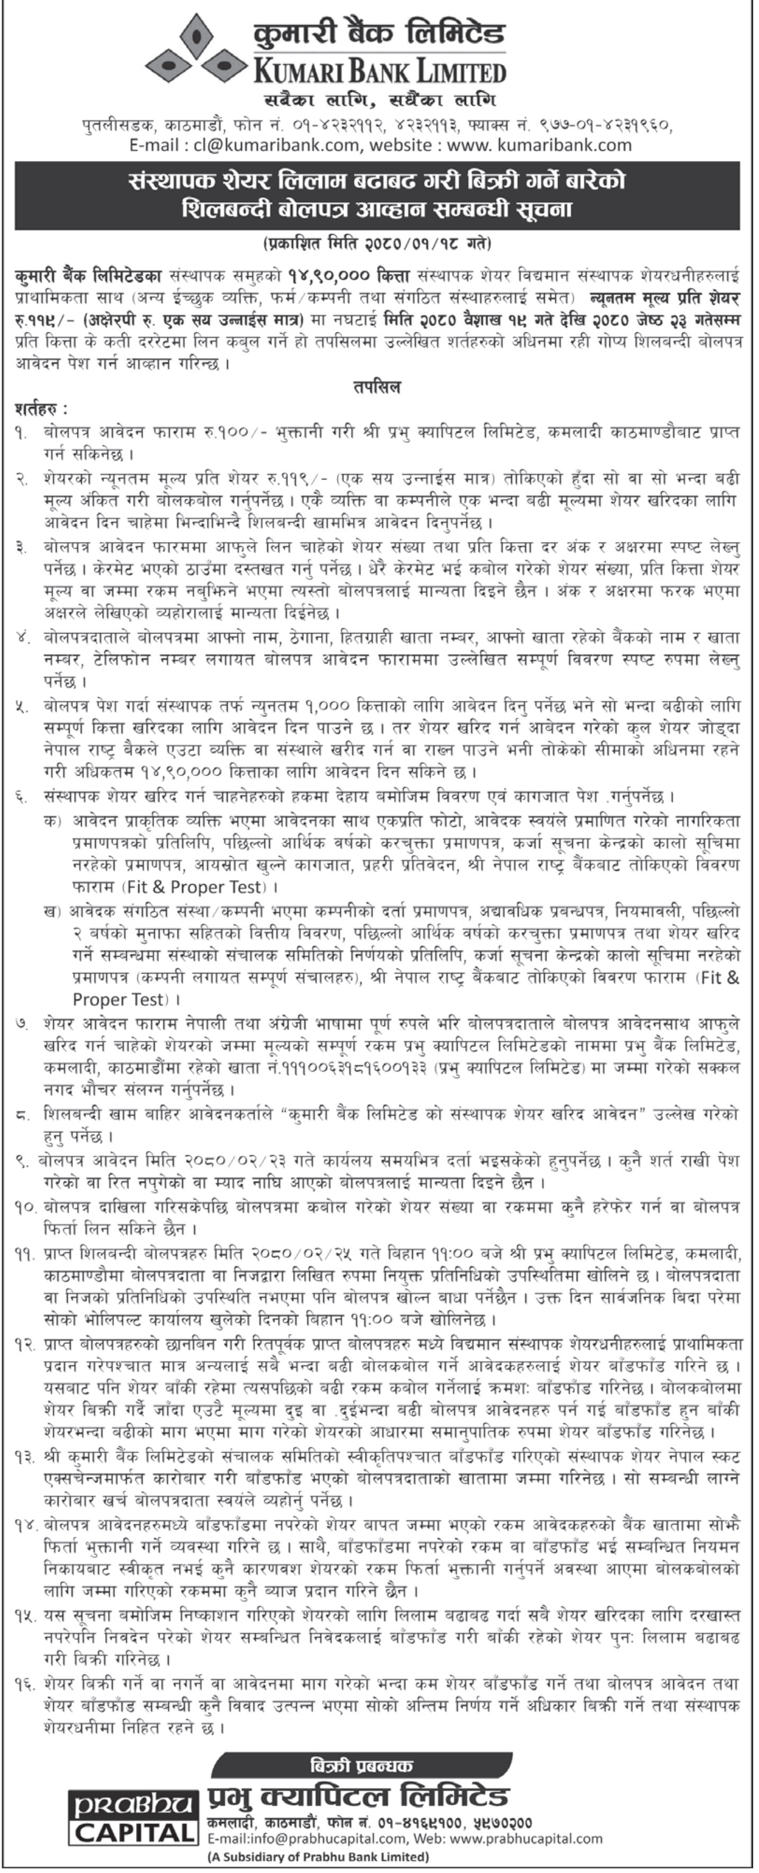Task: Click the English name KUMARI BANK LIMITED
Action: [378, 71]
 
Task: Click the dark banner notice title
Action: [377, 195]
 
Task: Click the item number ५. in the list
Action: [22, 706]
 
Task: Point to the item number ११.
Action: [25, 1253]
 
